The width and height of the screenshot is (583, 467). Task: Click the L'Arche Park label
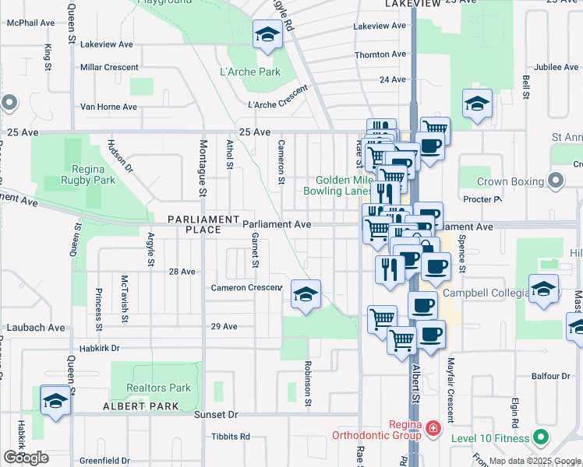click(250, 72)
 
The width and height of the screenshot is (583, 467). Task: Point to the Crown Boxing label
click(509, 181)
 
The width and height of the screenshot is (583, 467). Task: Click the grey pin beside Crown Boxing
click(556, 181)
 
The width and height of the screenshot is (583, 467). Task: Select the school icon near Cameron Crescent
click(306, 294)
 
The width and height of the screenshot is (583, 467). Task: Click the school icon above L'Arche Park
click(267, 36)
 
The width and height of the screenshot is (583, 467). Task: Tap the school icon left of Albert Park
click(55, 401)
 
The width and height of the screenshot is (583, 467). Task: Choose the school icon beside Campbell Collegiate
click(544, 289)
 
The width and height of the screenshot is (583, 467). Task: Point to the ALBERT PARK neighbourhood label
click(141, 407)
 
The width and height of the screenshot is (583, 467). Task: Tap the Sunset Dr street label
click(221, 416)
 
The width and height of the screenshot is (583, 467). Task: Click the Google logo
click(26, 458)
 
